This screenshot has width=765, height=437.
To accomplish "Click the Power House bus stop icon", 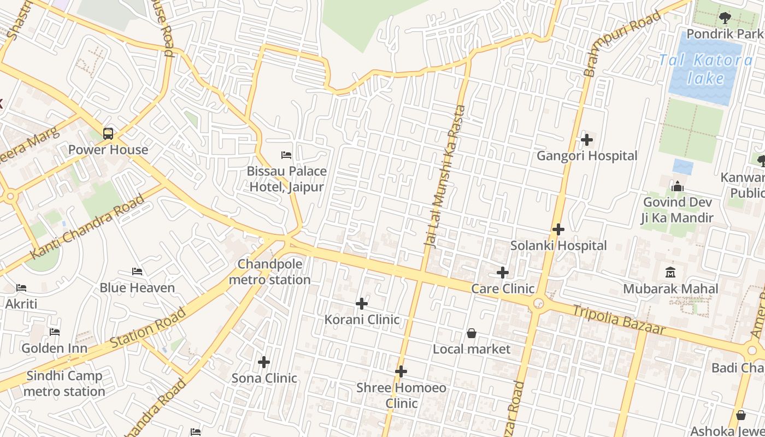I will point(108,134).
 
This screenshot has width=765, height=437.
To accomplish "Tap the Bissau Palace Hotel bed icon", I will point(286,155).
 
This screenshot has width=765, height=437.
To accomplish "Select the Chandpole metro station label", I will point(269,272).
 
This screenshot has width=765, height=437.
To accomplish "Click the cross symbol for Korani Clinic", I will point(362,304).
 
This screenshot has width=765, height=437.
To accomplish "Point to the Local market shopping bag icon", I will point(472,333).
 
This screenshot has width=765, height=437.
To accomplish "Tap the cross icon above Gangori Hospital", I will point(587,140).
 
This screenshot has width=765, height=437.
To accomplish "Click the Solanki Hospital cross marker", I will point(558,229).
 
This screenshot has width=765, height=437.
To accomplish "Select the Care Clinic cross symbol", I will point(503,273).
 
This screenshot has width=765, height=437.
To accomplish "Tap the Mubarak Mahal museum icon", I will point(670,272).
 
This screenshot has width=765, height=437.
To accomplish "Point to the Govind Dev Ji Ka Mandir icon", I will point(678,187).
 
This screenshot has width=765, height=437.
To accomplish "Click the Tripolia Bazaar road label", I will point(619,320).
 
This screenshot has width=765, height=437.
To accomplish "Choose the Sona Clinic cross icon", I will point(264,362).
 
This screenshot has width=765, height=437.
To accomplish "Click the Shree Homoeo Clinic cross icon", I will point(401,372).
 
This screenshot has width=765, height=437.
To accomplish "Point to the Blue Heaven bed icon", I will point(137,271).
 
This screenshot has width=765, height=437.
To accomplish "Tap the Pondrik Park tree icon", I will point(725,18).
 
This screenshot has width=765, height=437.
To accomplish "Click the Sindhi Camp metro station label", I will point(64,383).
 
